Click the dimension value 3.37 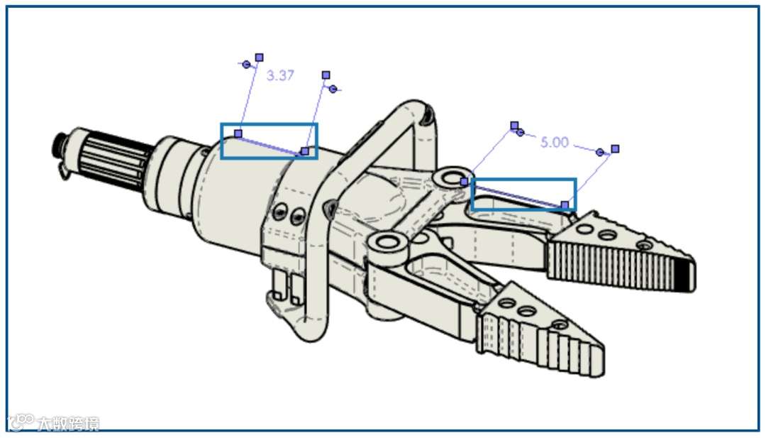click(x=280, y=75)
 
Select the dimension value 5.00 click(x=554, y=142)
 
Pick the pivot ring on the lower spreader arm click(x=387, y=243)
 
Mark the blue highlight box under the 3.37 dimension click(x=269, y=141)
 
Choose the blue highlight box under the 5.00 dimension click(x=524, y=194)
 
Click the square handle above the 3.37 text click(x=259, y=58)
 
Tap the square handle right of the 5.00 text click(x=615, y=148)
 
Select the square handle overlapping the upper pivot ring click(x=464, y=182)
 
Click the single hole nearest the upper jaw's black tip click(x=644, y=246)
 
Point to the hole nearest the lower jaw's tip click(x=560, y=325)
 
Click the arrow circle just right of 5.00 click(x=601, y=152)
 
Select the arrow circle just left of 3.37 click(x=246, y=65)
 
